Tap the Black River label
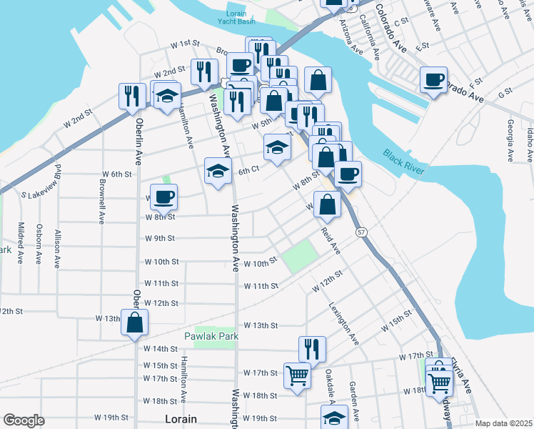coord(403,162)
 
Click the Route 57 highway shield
coord(361,232)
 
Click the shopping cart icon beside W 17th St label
coord(298,374)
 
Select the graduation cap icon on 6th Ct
coord(218,170)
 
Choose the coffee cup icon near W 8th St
coord(163,197)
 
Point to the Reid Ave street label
coord(331,240)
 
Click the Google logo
coord(24,420)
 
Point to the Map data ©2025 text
coord(503,423)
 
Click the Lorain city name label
coord(180,418)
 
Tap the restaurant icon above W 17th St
coord(312,349)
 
